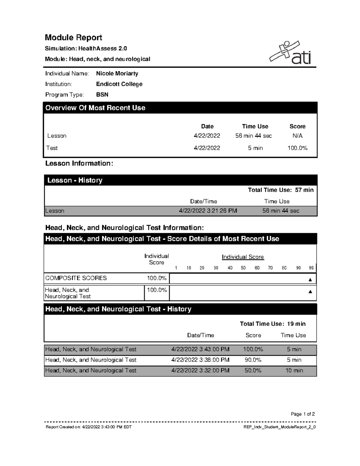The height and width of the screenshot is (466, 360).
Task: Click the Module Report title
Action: [73, 38]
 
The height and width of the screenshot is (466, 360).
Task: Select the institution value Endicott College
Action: [119, 84]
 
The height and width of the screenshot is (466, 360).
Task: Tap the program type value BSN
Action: [102, 95]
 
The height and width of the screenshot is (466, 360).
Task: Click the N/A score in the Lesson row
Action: [297, 136]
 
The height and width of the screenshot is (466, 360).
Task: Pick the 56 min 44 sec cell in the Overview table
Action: [253, 136]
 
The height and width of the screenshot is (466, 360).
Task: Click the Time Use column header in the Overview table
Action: [255, 126]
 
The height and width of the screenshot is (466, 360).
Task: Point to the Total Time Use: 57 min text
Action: [280, 190]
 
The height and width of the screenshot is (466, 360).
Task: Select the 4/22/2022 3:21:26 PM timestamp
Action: [208, 211]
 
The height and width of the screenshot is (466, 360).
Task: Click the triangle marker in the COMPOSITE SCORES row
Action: [310, 280]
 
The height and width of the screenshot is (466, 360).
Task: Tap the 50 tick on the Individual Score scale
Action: [243, 268]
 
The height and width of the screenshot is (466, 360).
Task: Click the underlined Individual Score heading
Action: [243, 257]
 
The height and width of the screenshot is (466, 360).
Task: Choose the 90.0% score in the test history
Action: [253, 360]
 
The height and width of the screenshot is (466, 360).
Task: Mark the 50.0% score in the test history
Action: [253, 371]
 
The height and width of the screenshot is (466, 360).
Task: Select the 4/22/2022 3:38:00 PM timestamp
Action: [200, 360]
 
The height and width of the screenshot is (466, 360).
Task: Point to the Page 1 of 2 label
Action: [303, 414]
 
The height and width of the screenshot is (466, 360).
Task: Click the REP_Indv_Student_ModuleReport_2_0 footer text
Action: [280, 427]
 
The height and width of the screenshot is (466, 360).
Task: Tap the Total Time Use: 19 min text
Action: [272, 324]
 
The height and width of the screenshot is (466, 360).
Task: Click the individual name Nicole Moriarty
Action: [117, 74]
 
